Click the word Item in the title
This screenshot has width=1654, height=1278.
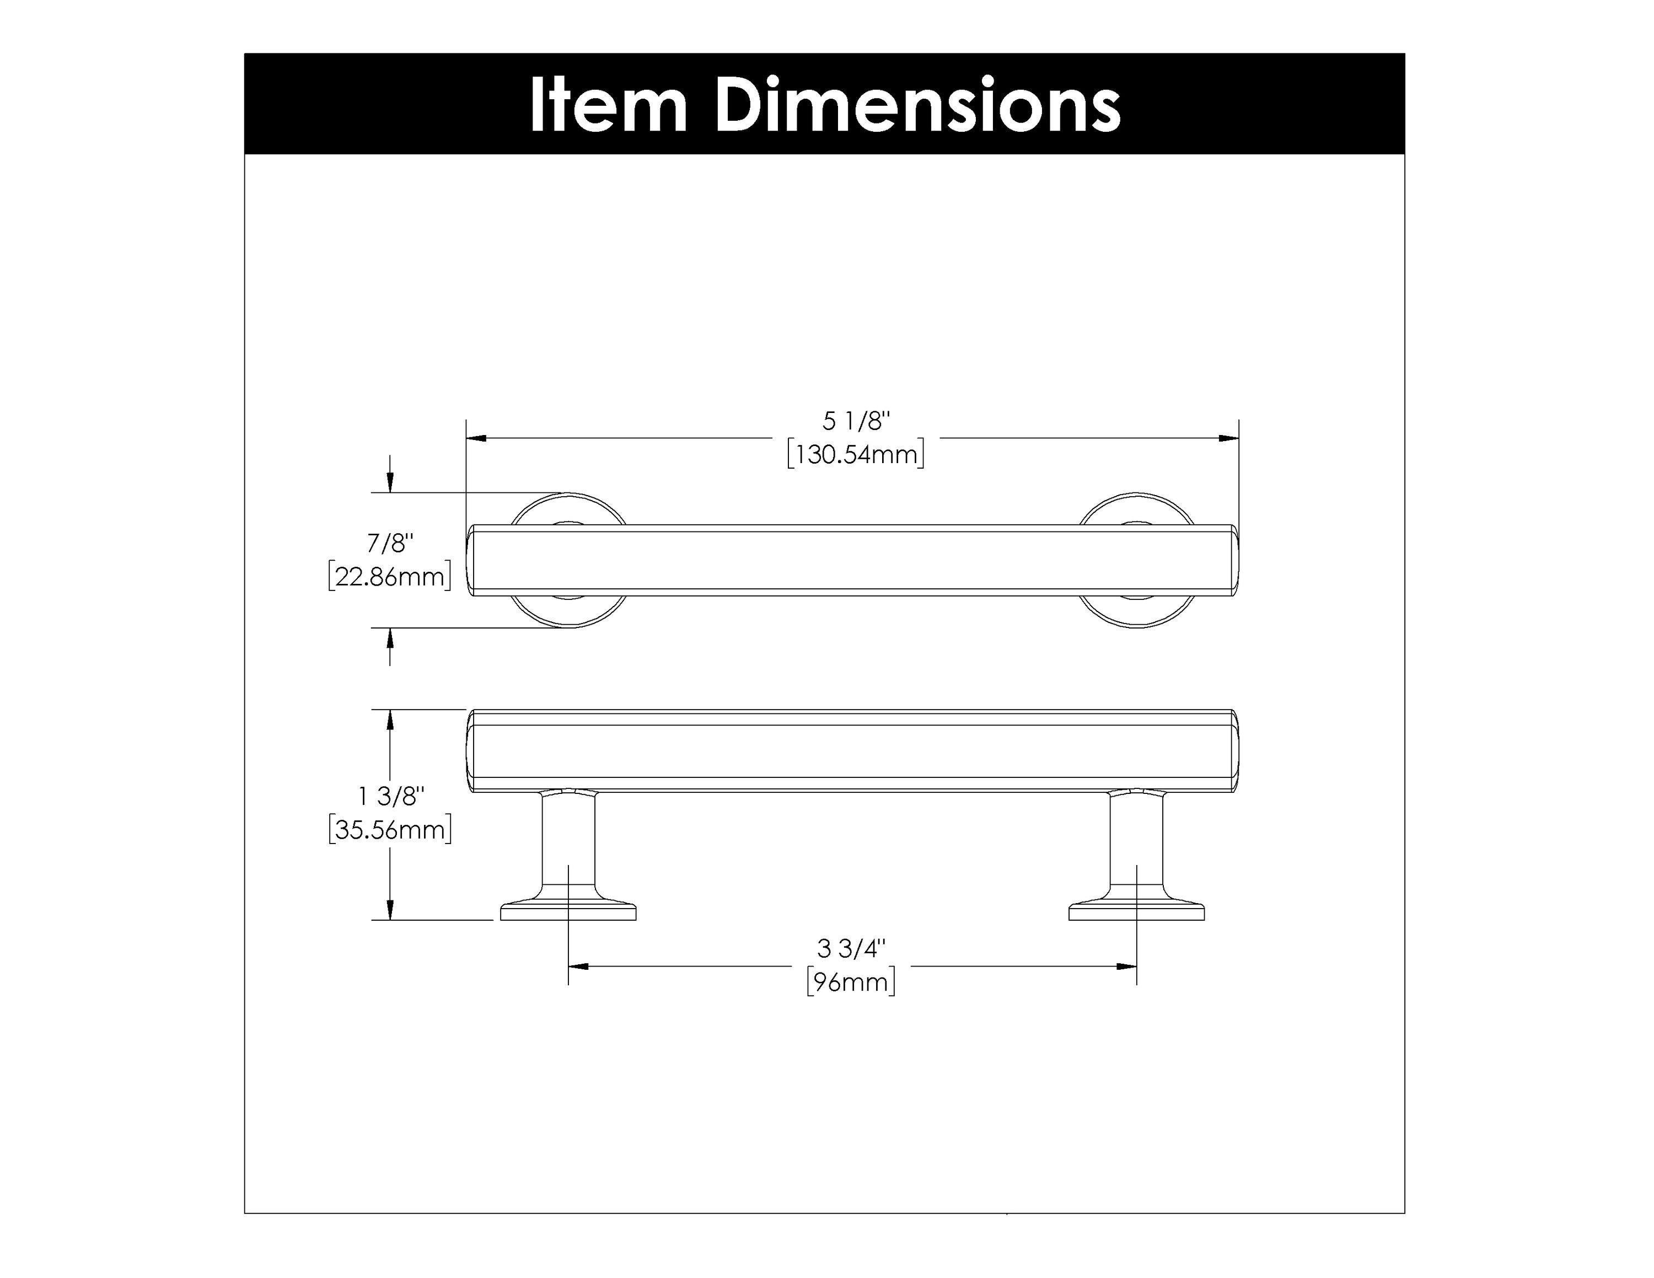[x=608, y=105]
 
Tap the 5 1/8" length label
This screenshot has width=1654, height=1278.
[x=856, y=421]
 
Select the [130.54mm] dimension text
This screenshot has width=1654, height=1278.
[x=856, y=455]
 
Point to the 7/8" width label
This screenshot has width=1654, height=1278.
[x=390, y=543]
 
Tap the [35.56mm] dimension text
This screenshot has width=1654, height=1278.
[x=390, y=830]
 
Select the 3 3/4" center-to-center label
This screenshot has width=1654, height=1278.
[x=851, y=948]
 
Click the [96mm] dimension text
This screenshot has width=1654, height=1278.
[x=851, y=982]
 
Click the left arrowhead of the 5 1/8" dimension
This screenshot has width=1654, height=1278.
[x=476, y=438]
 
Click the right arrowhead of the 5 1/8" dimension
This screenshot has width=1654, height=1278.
[x=1228, y=438]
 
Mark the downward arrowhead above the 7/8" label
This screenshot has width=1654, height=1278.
[x=390, y=482]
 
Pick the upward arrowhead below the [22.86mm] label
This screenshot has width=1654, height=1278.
[x=390, y=638]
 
